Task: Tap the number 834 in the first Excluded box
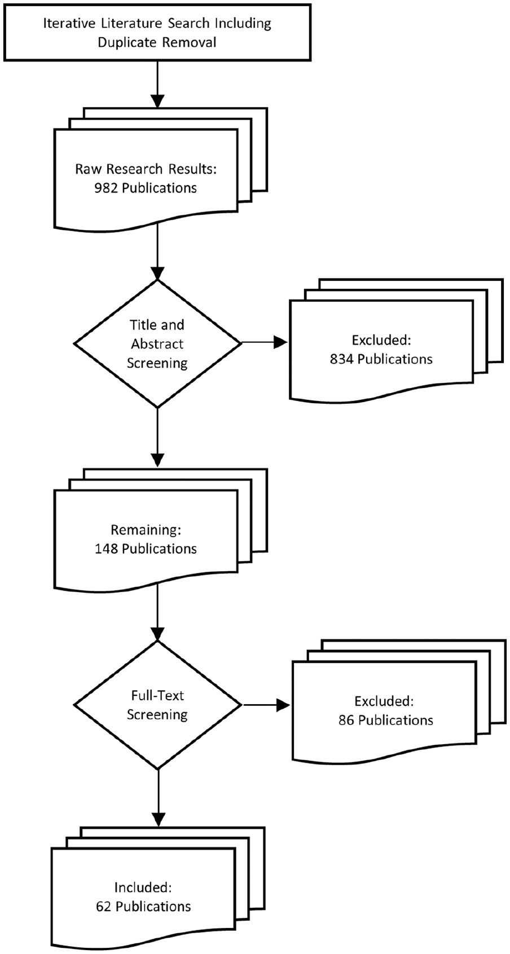(342, 359)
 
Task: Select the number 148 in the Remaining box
(106, 549)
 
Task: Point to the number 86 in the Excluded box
(346, 720)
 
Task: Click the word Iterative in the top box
(71, 24)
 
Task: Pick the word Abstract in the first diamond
(157, 344)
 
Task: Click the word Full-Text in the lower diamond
(157, 695)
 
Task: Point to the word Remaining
(146, 530)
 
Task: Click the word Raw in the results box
(89, 169)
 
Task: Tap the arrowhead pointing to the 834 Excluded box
(281, 342)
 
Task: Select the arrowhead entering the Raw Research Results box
(157, 101)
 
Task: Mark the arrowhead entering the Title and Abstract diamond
(157, 273)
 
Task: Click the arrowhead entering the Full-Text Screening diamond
(157, 634)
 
